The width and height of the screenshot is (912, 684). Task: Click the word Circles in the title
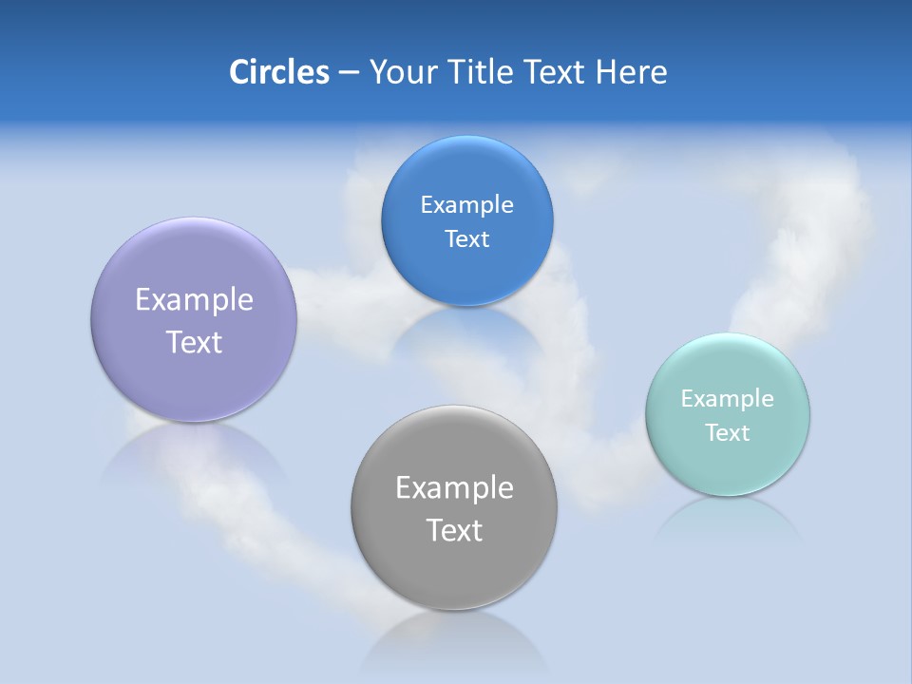point(278,72)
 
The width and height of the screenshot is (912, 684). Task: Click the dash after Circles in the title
point(349,73)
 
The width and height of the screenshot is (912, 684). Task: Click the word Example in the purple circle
point(194,300)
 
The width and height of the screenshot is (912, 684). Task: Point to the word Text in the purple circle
point(194,342)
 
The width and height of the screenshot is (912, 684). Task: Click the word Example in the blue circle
point(466,205)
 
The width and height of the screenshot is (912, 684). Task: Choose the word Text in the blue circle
point(466,239)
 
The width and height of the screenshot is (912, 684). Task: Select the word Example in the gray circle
point(454,488)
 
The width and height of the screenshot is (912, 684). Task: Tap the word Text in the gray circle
point(454,530)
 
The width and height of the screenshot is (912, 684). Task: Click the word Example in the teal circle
point(728,399)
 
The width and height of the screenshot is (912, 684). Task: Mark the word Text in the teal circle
point(728,433)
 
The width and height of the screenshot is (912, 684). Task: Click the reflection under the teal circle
point(727,518)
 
